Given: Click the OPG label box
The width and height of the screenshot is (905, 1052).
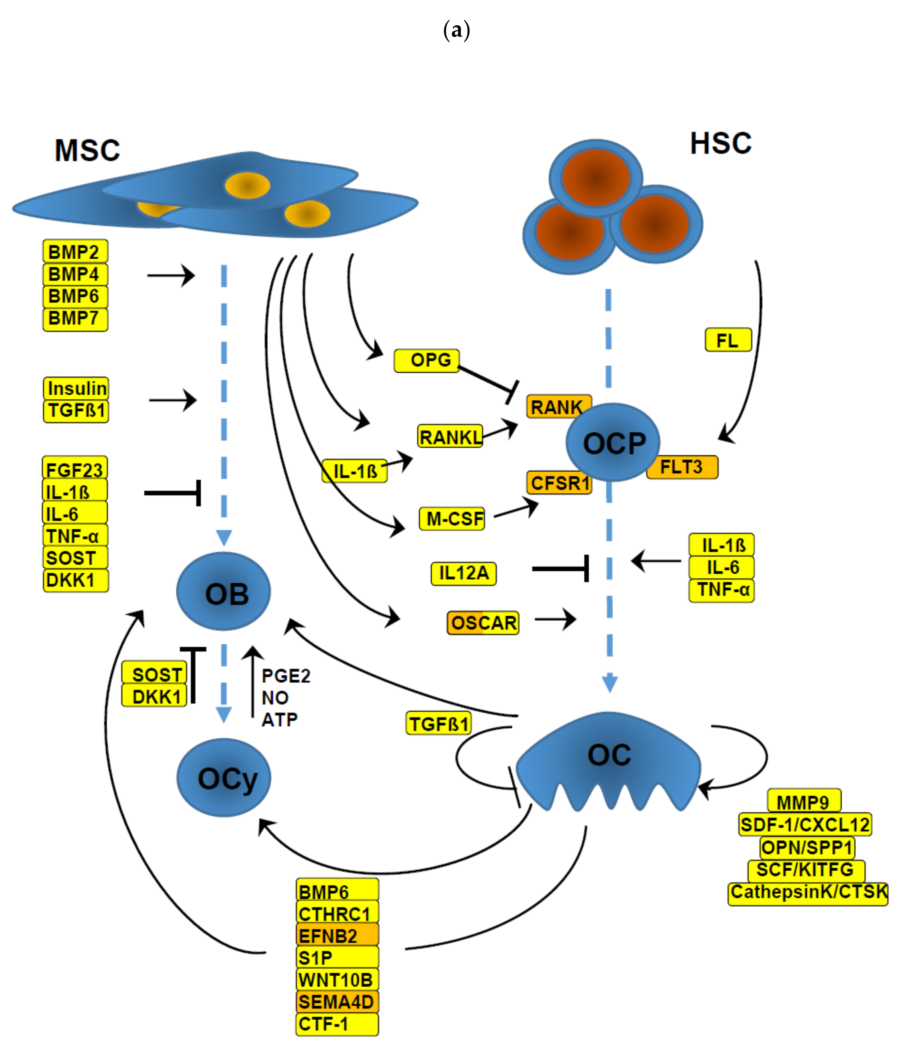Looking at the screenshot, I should click(x=426, y=361).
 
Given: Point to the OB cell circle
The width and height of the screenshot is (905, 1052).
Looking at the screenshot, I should click(x=224, y=592).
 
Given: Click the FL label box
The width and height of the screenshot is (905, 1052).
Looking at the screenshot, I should click(x=728, y=340).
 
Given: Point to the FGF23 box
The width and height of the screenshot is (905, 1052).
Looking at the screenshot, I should click(x=75, y=469).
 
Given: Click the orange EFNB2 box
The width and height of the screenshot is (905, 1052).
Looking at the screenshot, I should click(x=337, y=935).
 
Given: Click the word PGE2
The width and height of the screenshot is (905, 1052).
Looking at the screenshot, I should click(x=286, y=676).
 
